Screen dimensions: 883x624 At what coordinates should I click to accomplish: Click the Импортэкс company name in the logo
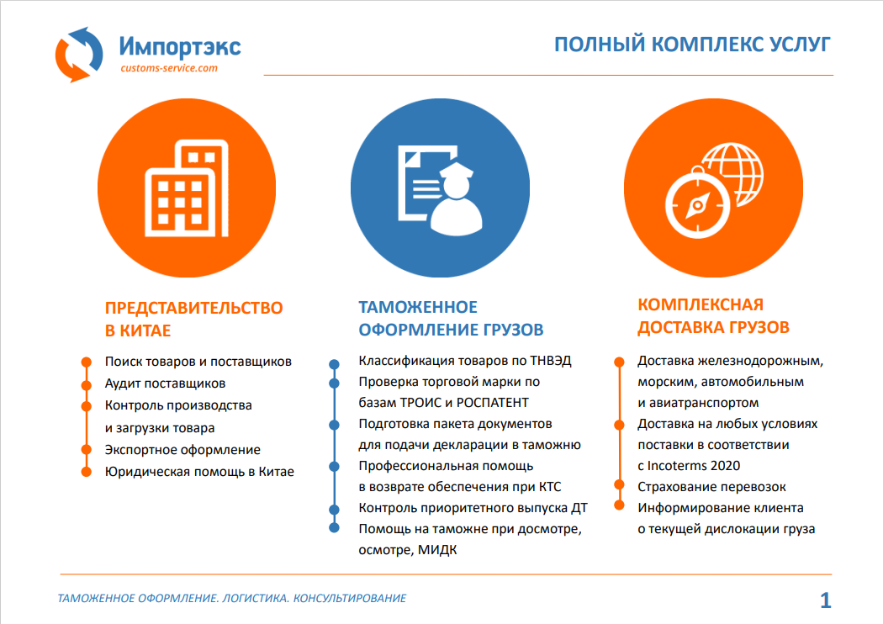(x=180, y=47)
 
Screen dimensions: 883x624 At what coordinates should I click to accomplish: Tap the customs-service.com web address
(x=169, y=68)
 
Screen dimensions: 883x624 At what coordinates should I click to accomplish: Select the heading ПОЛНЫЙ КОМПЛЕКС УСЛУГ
(x=692, y=45)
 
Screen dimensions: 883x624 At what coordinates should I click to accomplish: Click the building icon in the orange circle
(x=187, y=188)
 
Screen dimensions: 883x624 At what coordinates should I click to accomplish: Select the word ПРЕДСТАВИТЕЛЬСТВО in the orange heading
(x=193, y=308)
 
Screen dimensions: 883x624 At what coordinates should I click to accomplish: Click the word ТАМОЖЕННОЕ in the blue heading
(x=418, y=307)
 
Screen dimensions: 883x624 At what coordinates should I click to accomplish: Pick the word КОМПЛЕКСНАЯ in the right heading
(x=701, y=304)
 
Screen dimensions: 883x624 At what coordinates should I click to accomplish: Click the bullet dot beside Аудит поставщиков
(x=86, y=385)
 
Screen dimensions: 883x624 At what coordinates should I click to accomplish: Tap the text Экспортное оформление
(x=182, y=449)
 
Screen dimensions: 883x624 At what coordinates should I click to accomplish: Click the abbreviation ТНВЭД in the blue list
(x=551, y=361)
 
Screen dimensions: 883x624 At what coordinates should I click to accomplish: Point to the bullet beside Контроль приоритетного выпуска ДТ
(x=334, y=509)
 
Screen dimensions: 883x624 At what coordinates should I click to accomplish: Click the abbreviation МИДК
(x=437, y=550)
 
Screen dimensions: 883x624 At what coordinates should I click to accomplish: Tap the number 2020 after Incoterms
(x=725, y=466)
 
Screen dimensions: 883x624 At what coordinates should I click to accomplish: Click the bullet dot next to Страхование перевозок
(x=619, y=484)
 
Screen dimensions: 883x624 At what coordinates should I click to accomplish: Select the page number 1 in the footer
(x=826, y=600)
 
